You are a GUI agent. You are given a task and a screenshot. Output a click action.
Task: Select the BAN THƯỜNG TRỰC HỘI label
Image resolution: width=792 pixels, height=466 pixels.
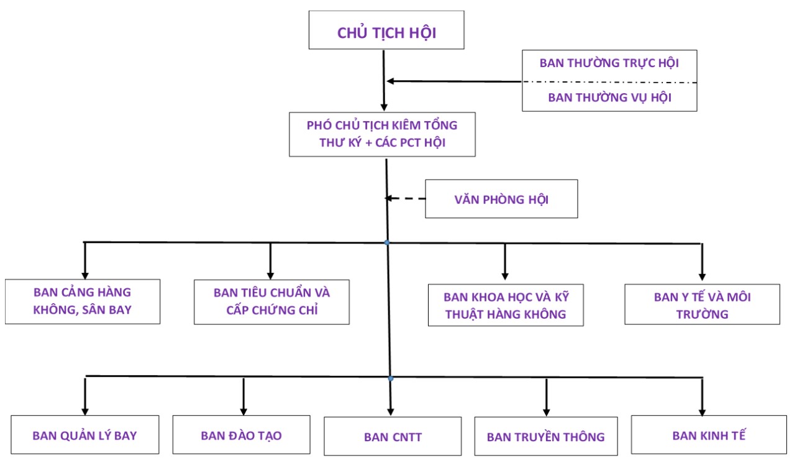pos(609,63)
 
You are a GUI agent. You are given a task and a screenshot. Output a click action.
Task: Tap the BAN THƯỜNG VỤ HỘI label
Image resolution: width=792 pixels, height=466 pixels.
pos(609,98)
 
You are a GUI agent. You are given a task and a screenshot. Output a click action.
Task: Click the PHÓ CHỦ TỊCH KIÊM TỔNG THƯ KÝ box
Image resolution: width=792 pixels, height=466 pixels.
pos(382,134)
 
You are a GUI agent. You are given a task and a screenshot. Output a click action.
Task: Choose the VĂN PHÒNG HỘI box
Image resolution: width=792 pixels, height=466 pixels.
pos(501,199)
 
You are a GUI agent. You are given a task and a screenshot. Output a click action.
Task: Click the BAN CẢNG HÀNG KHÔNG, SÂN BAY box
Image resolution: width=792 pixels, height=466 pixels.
pos(83,301)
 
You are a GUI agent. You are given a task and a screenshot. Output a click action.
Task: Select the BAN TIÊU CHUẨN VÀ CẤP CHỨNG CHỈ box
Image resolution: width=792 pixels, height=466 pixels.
pos(271,302)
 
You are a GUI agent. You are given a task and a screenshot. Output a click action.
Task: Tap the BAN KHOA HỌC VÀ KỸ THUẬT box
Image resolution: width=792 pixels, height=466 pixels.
pos(506,305)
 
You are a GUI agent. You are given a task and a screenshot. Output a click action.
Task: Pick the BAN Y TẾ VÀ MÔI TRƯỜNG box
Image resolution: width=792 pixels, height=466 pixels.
pos(702,304)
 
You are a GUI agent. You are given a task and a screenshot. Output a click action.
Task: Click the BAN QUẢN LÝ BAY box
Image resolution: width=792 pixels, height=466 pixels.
pos(84,435)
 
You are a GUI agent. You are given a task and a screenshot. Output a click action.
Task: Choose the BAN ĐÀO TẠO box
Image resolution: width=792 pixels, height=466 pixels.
pos(245,435)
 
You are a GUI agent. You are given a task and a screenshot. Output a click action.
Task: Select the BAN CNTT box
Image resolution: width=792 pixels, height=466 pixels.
pos(393,436)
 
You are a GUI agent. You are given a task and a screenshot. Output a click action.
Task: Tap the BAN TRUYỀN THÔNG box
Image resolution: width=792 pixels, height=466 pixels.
pos(545,436)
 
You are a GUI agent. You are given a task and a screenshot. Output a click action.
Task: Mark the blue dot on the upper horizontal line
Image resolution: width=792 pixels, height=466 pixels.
pos(387,242)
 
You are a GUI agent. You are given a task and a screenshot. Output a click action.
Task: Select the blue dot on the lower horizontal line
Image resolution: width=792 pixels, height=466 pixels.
pos(391,378)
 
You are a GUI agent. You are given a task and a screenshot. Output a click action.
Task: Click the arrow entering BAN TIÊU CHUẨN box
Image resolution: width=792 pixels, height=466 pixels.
pos(270,261)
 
